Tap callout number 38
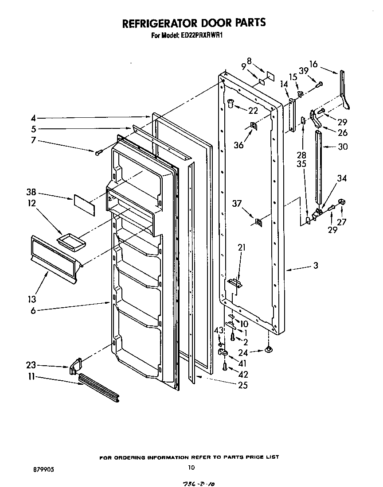[31, 193]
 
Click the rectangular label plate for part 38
[84, 205]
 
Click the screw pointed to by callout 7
[98, 152]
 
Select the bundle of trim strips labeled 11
[99, 388]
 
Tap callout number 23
[31, 366]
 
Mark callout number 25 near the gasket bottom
[242, 386]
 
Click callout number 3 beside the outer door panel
[315, 266]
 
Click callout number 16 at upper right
[314, 64]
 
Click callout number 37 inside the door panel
[238, 203]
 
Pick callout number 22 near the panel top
[253, 111]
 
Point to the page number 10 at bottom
[191, 467]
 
